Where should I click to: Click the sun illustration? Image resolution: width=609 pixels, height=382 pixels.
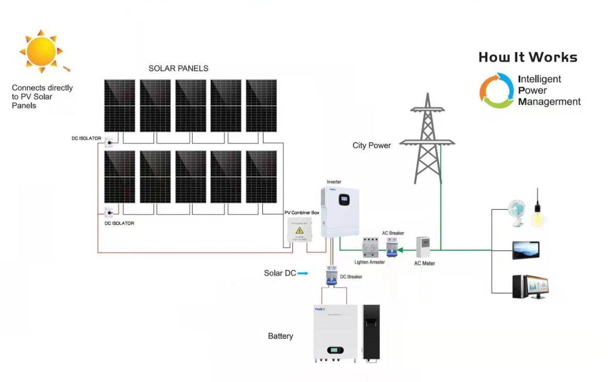coord(41,51)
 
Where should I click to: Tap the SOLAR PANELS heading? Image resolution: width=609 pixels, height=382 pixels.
coord(178,68)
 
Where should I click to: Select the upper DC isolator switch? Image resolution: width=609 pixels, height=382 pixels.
coord(110,141)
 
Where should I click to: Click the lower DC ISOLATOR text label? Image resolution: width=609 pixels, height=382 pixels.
coord(119,223)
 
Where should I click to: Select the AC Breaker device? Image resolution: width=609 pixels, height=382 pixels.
coord(392,247)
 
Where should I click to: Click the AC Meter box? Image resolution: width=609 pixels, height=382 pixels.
coord(423,248)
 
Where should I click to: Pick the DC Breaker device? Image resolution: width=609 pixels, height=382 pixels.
coord(331,274)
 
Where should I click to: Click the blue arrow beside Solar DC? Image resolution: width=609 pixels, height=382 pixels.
coord(303,273)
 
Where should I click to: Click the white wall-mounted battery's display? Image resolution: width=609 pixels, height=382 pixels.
coord(335,350)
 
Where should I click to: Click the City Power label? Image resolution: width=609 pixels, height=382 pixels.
coord(371,146)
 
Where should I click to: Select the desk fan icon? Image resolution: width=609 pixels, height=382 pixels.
coord(517,212)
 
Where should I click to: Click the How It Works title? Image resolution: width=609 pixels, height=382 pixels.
coord(527,57)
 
